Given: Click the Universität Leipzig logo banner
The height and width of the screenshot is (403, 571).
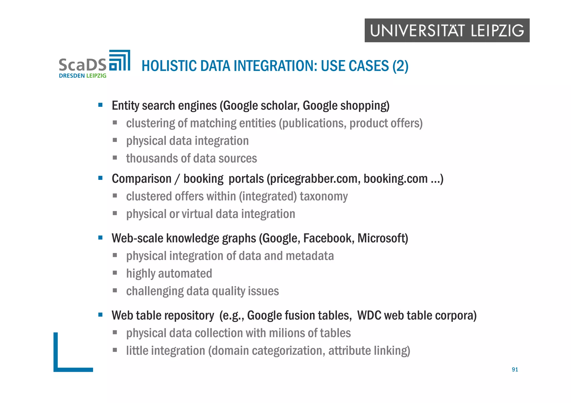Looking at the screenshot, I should click(x=447, y=30).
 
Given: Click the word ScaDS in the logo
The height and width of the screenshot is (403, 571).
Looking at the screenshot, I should click(x=83, y=65).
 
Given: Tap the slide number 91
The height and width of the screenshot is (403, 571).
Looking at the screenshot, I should click(x=515, y=370).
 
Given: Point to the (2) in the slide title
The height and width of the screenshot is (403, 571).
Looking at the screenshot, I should click(x=400, y=66).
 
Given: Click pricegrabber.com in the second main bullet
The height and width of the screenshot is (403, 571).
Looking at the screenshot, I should click(x=313, y=179).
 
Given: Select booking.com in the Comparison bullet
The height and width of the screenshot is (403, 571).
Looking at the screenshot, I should click(x=395, y=179).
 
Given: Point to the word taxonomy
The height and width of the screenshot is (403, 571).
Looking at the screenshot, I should click(x=324, y=196).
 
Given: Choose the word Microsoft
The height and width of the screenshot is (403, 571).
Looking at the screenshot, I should click(x=382, y=238).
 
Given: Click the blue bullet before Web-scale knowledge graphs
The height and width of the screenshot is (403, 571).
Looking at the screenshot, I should click(x=100, y=238).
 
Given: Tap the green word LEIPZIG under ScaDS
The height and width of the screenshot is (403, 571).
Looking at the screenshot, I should click(x=96, y=76).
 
